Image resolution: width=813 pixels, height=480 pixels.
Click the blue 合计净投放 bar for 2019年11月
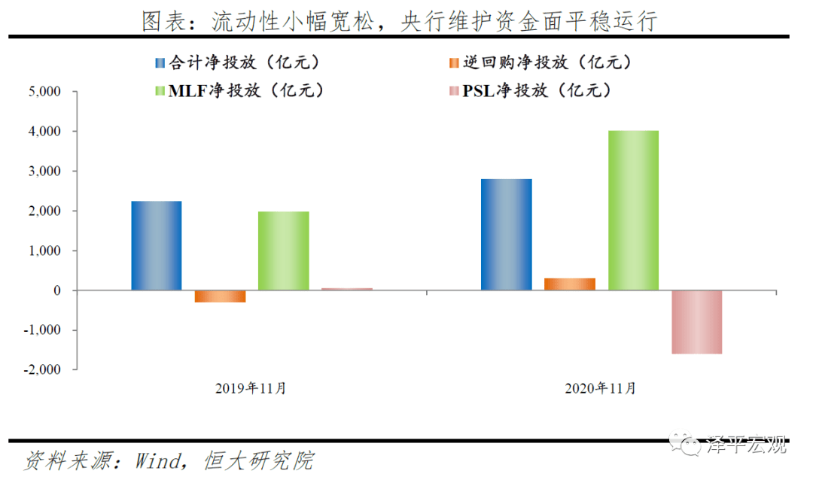coord(157,245)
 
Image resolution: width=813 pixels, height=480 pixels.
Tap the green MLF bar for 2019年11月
coord(283,251)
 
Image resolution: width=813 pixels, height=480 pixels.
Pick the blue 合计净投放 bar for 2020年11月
coord(507,234)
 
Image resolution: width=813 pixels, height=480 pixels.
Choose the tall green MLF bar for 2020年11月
coord(633,210)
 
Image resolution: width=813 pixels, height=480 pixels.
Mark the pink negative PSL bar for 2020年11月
coord(696,322)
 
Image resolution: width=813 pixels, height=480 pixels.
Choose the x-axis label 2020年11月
coord(600,389)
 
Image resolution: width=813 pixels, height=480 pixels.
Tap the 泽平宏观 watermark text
coord(747,445)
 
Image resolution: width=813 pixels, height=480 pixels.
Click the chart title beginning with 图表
coord(400,20)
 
